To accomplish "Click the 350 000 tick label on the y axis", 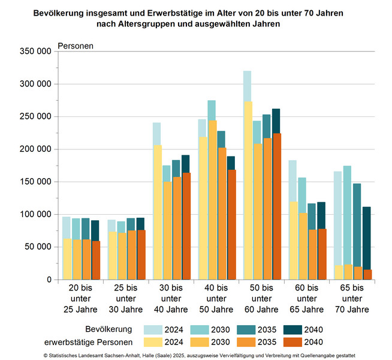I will coord(35,52).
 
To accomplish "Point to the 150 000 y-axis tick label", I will coord(35,182).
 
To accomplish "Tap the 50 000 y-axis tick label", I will coord(37,247).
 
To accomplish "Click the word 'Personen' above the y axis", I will coord(76,46).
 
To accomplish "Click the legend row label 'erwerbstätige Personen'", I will coord(88,342).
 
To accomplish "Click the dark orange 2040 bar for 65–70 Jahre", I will coord(367,275).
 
